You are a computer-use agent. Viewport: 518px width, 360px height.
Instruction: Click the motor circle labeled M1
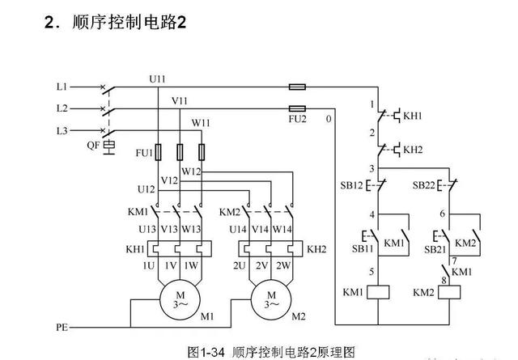[x=180, y=298]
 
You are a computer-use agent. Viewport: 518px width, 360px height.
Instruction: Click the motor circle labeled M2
[x=270, y=298]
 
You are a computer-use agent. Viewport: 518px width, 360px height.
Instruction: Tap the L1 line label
[x=62, y=86]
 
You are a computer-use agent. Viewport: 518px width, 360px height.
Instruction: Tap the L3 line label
[x=62, y=129]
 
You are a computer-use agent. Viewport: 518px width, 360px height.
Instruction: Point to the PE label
[x=62, y=328]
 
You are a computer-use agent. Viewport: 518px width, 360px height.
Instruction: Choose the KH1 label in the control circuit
[x=413, y=116]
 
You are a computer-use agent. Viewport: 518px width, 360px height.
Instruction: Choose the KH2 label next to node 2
[x=413, y=150]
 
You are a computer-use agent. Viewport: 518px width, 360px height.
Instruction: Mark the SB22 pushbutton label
[x=424, y=185]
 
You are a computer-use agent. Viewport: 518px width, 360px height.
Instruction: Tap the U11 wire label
[x=158, y=78]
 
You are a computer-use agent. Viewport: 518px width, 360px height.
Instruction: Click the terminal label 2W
[x=283, y=266]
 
